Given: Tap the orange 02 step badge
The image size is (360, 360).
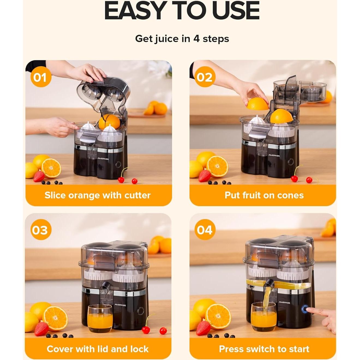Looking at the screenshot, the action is coord(205,77).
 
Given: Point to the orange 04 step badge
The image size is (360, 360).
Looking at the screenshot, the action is coord(205,230).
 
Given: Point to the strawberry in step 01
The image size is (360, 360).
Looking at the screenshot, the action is coord(39,176).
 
